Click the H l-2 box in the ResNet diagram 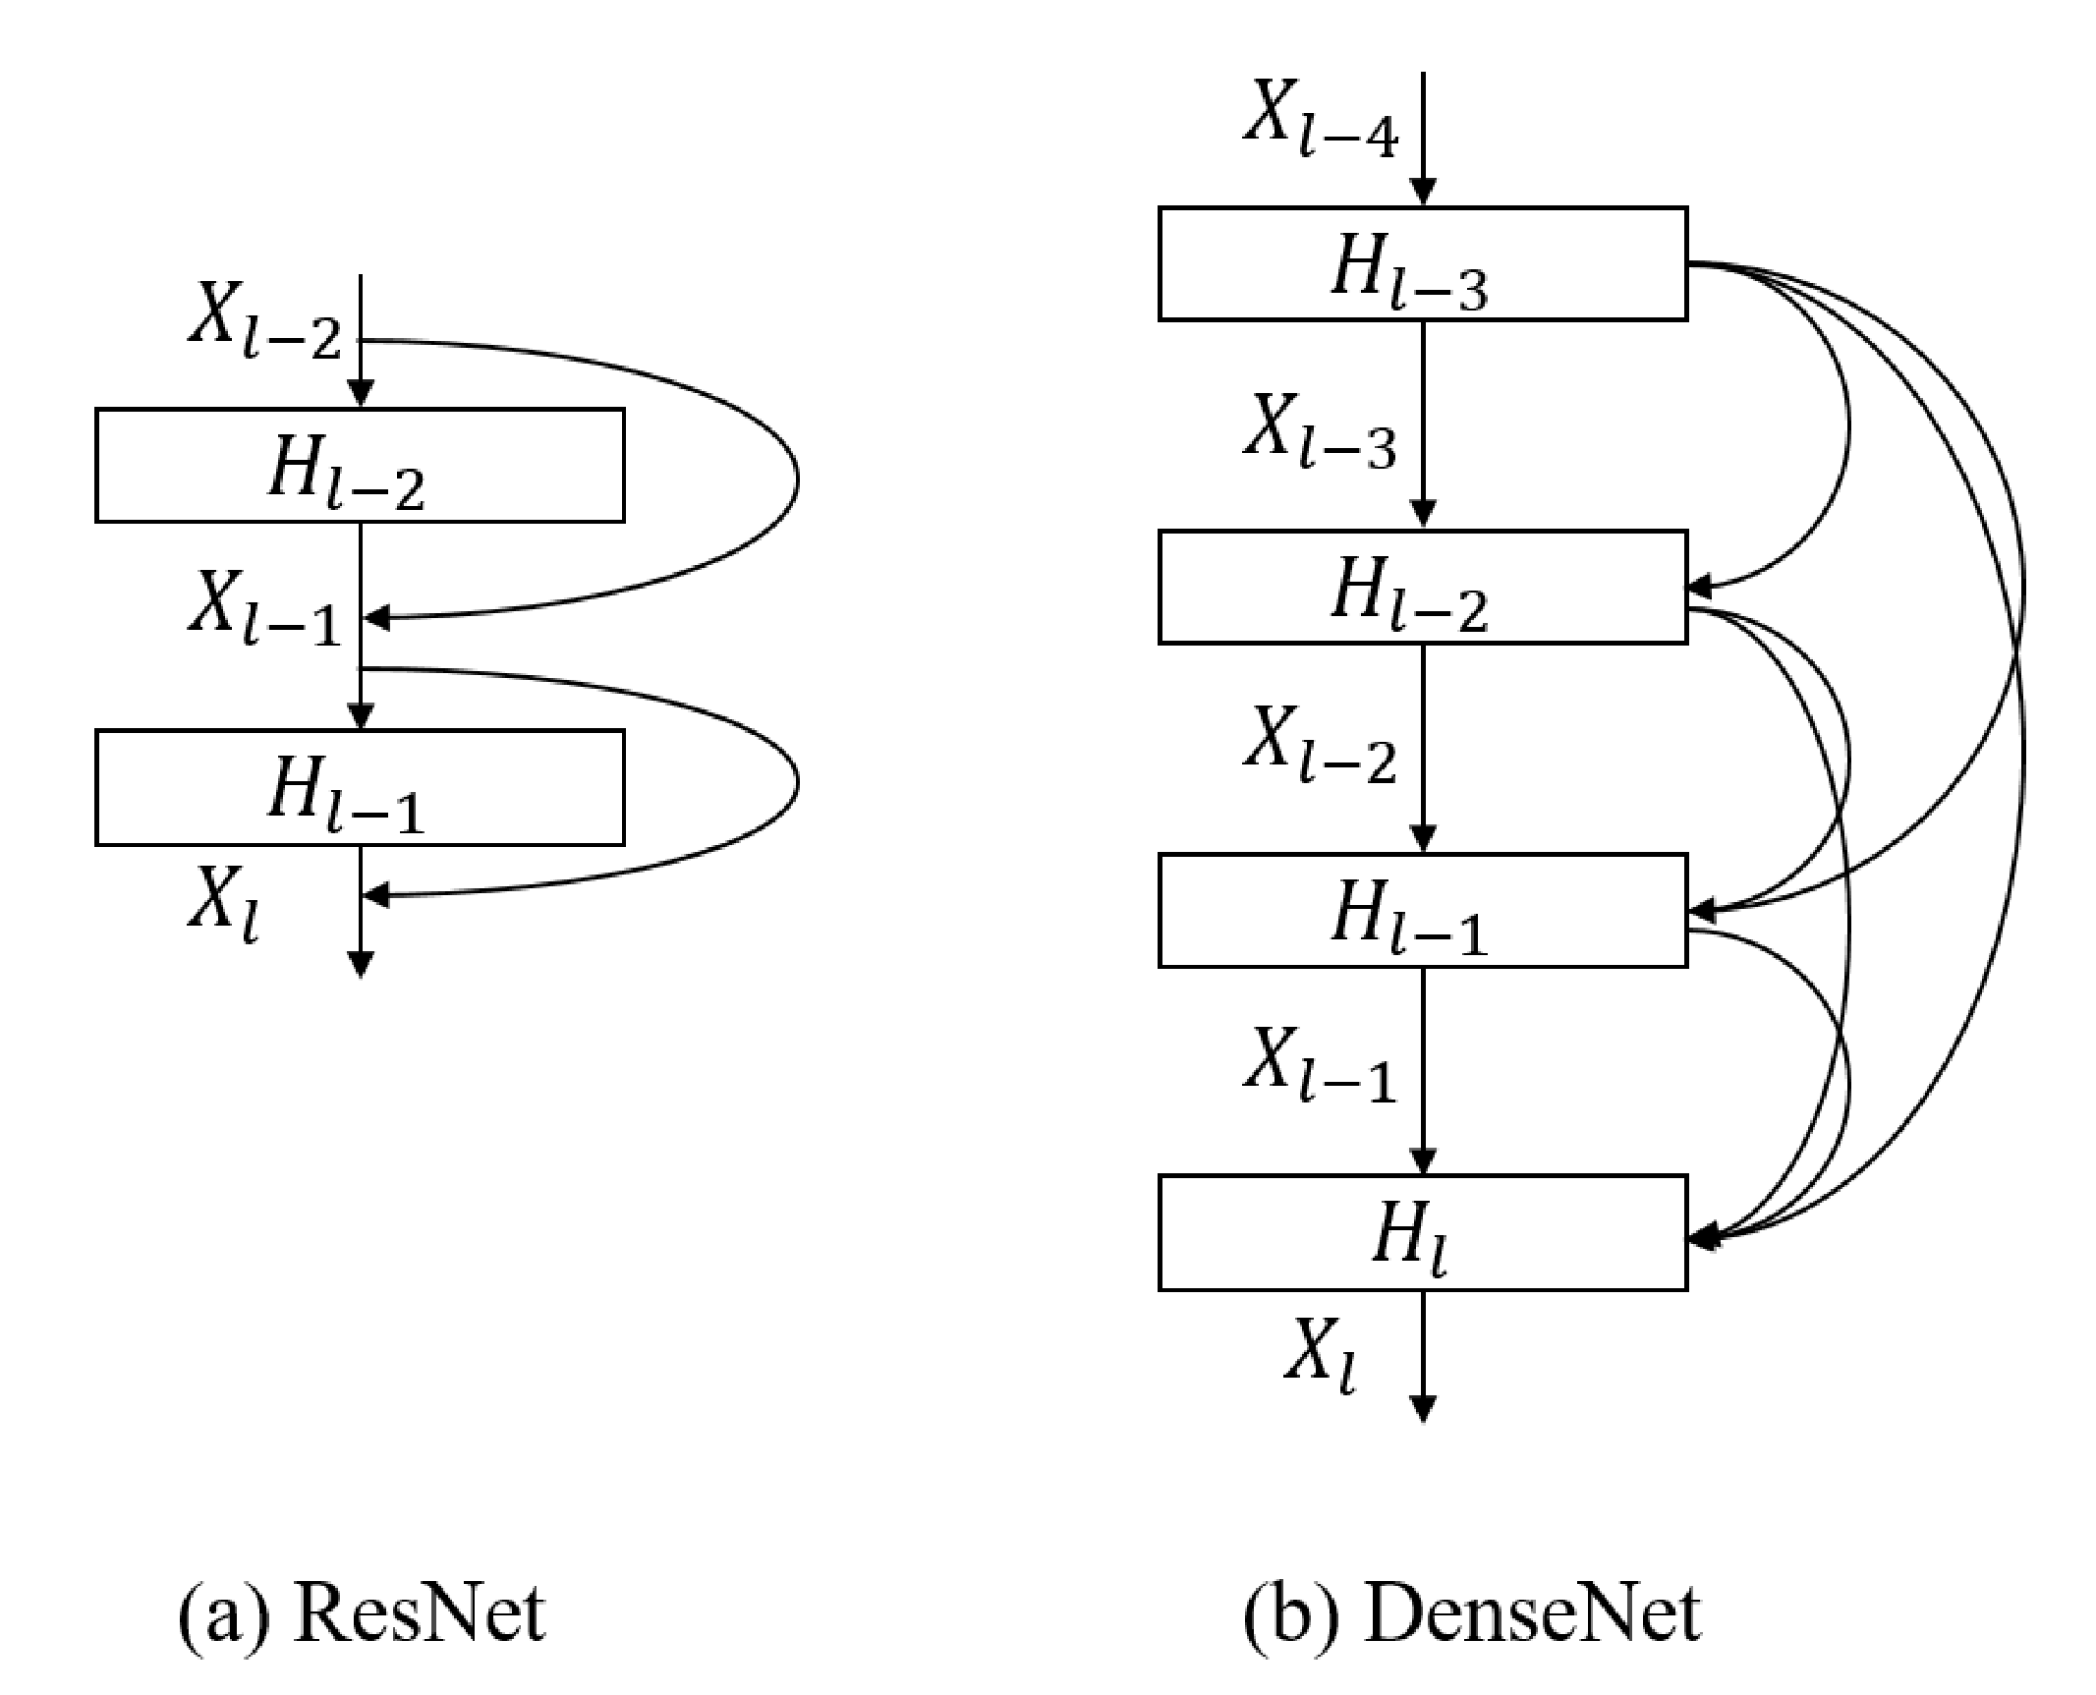coord(360,465)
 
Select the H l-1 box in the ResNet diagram coord(360,787)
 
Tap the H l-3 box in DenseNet coord(1422,263)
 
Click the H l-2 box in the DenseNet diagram coord(1422,588)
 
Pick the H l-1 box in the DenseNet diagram coord(1422,911)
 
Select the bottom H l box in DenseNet coord(1422,1232)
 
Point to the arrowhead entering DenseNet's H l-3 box coord(1423,194)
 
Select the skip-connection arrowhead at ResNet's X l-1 coord(377,618)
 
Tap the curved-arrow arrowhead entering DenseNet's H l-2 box coord(1700,588)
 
